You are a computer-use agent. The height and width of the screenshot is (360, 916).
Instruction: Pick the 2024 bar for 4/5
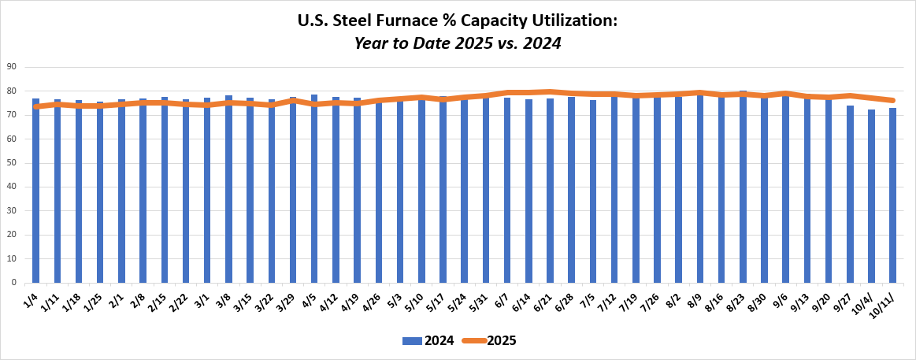pyautogui.click(x=314, y=189)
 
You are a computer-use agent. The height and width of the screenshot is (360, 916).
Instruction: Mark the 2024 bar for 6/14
pyautogui.click(x=528, y=191)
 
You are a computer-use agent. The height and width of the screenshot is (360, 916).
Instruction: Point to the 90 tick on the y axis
pyautogui.click(x=13, y=67)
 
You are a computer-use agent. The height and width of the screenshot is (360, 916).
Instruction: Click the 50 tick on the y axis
pyautogui.click(x=13, y=163)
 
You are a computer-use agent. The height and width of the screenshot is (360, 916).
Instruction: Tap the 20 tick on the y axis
pyautogui.click(x=13, y=235)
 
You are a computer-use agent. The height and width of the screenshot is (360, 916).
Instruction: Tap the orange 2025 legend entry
pyautogui.click(x=488, y=341)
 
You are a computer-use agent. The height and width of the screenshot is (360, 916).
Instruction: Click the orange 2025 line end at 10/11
pyautogui.click(x=892, y=100)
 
